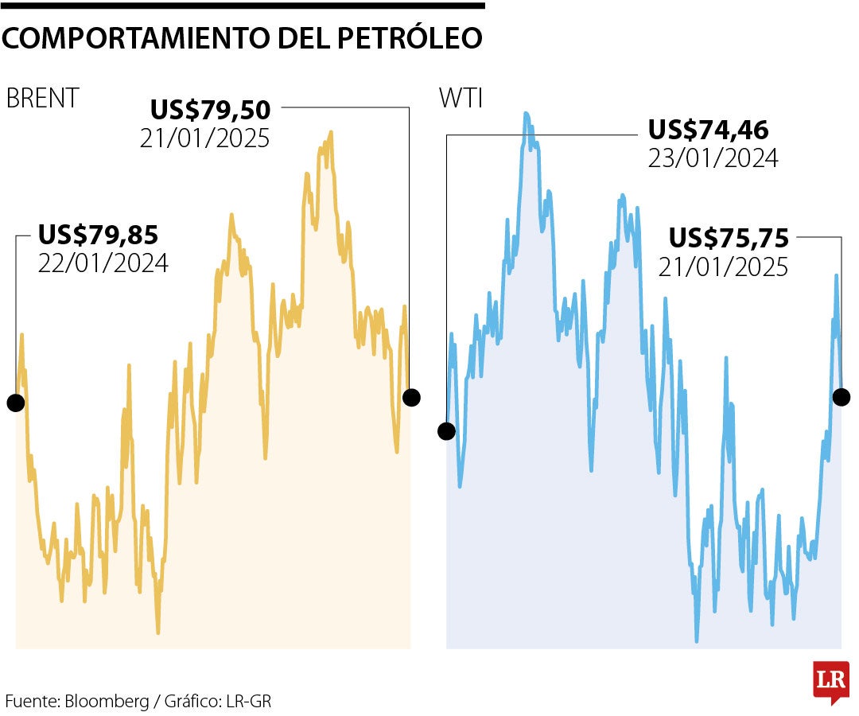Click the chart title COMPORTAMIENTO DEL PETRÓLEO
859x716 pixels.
coord(242,37)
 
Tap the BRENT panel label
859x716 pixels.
coord(42,98)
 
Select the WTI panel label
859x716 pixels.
coord(461,98)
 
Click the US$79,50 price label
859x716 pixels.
coord(211,109)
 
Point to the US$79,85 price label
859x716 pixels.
coord(99,235)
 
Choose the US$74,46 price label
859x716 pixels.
coord(709,129)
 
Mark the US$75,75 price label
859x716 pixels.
coord(729,237)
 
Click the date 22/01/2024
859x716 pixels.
coord(103,263)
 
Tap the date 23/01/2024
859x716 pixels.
coord(713,158)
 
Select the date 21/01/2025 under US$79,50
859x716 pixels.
coord(205,138)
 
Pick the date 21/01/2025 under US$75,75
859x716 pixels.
coord(723,267)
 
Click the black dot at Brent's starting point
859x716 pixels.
coord(16,403)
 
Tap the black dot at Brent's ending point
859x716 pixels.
coord(411,397)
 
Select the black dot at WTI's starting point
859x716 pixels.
coord(446,431)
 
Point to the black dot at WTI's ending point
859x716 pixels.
coord(842,396)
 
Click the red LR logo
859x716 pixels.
coord(831,682)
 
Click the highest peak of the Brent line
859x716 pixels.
coord(330,133)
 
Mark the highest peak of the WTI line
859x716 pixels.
coord(526,113)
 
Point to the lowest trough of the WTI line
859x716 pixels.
coord(697,640)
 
